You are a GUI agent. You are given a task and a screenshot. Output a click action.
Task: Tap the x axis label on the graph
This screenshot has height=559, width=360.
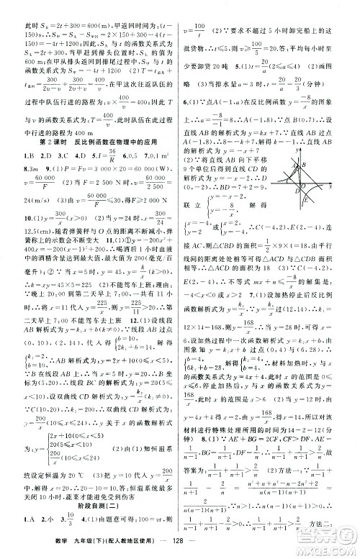point(329,186)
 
